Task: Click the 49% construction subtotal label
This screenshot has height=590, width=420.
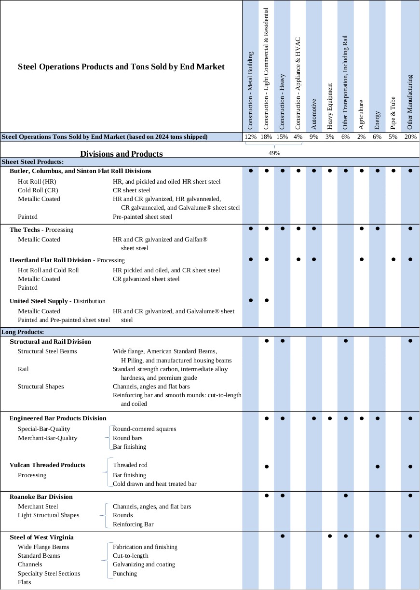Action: point(274,153)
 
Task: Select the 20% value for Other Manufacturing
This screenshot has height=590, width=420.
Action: point(410,137)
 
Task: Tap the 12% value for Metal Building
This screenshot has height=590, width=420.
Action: point(251,137)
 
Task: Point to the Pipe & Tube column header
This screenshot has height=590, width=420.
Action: point(393,112)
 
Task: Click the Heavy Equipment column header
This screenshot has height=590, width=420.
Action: point(330,106)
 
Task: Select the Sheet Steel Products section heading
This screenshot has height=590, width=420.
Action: point(33,161)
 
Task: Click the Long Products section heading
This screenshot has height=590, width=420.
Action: point(23,332)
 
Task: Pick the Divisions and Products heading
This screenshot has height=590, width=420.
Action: point(122,154)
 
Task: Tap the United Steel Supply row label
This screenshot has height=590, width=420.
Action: point(39,301)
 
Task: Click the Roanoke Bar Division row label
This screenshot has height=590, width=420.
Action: point(41,496)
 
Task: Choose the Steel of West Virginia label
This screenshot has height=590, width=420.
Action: point(41,537)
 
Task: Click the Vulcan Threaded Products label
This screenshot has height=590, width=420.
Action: point(47,465)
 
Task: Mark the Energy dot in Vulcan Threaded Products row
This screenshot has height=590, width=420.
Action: point(378,467)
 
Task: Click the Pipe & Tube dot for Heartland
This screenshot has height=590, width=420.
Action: point(393,259)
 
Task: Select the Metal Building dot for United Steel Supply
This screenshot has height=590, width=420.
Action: point(251,300)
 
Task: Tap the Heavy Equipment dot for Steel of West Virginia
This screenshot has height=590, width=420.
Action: point(330,536)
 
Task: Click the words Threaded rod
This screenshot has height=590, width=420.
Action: point(130,465)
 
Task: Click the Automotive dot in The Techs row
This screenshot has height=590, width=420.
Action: point(314,228)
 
